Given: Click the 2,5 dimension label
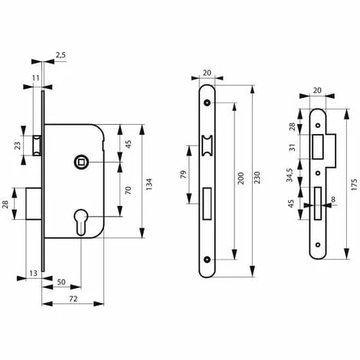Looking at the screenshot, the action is (x=61, y=55).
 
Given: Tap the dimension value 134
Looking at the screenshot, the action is (x=149, y=184).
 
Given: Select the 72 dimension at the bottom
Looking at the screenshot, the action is (x=73, y=299).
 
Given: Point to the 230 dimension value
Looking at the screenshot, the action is (x=257, y=178).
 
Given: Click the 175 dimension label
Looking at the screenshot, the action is (x=354, y=185).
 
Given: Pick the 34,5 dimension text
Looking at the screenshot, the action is (x=290, y=175).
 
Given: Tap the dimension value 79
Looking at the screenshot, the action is (x=183, y=175).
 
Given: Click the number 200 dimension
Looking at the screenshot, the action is (x=241, y=178).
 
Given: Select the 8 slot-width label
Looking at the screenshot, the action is (x=333, y=199).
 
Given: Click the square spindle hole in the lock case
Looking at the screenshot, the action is (x=81, y=162).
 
